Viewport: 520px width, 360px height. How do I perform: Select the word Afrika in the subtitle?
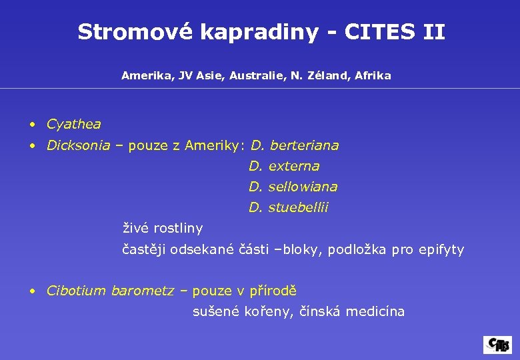tap(373, 76)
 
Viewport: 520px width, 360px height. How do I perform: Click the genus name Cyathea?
tap(74, 124)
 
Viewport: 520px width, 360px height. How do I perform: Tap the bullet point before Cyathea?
tap(32, 125)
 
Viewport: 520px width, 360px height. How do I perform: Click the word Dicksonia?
tap(78, 145)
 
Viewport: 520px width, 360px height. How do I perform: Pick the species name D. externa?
tap(285, 166)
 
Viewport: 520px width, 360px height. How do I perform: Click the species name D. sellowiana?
tap(293, 187)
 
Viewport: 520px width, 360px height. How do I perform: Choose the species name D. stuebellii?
tap(289, 208)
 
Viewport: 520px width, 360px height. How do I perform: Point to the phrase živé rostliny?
tap(163, 229)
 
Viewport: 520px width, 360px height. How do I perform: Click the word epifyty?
tap(441, 250)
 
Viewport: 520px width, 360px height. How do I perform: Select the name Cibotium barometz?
tap(110, 291)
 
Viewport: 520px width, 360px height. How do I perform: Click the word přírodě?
tap(273, 291)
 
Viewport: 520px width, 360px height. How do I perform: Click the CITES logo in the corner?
tap(497, 344)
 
